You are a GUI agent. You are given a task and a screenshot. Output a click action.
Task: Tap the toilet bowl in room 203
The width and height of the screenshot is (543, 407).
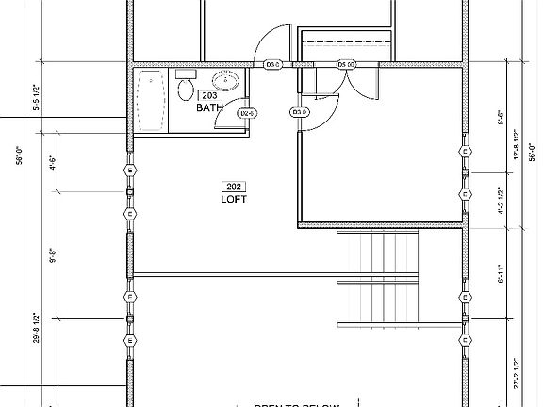(x=186, y=90)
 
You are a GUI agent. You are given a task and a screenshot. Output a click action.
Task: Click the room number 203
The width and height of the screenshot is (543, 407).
(x=208, y=95)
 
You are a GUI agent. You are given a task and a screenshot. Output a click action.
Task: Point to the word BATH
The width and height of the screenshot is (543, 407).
(x=209, y=108)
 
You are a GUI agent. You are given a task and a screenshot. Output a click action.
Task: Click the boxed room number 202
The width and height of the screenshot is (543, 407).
(x=232, y=186)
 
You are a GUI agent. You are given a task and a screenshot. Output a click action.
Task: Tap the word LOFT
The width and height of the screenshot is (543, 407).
(x=232, y=199)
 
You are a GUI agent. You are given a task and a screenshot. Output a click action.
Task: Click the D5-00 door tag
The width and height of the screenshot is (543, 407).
(x=346, y=65)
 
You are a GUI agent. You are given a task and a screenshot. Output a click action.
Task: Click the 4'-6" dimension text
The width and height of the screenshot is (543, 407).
(x=54, y=162)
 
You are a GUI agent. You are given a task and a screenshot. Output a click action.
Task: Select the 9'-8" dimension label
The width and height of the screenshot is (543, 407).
(x=54, y=256)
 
